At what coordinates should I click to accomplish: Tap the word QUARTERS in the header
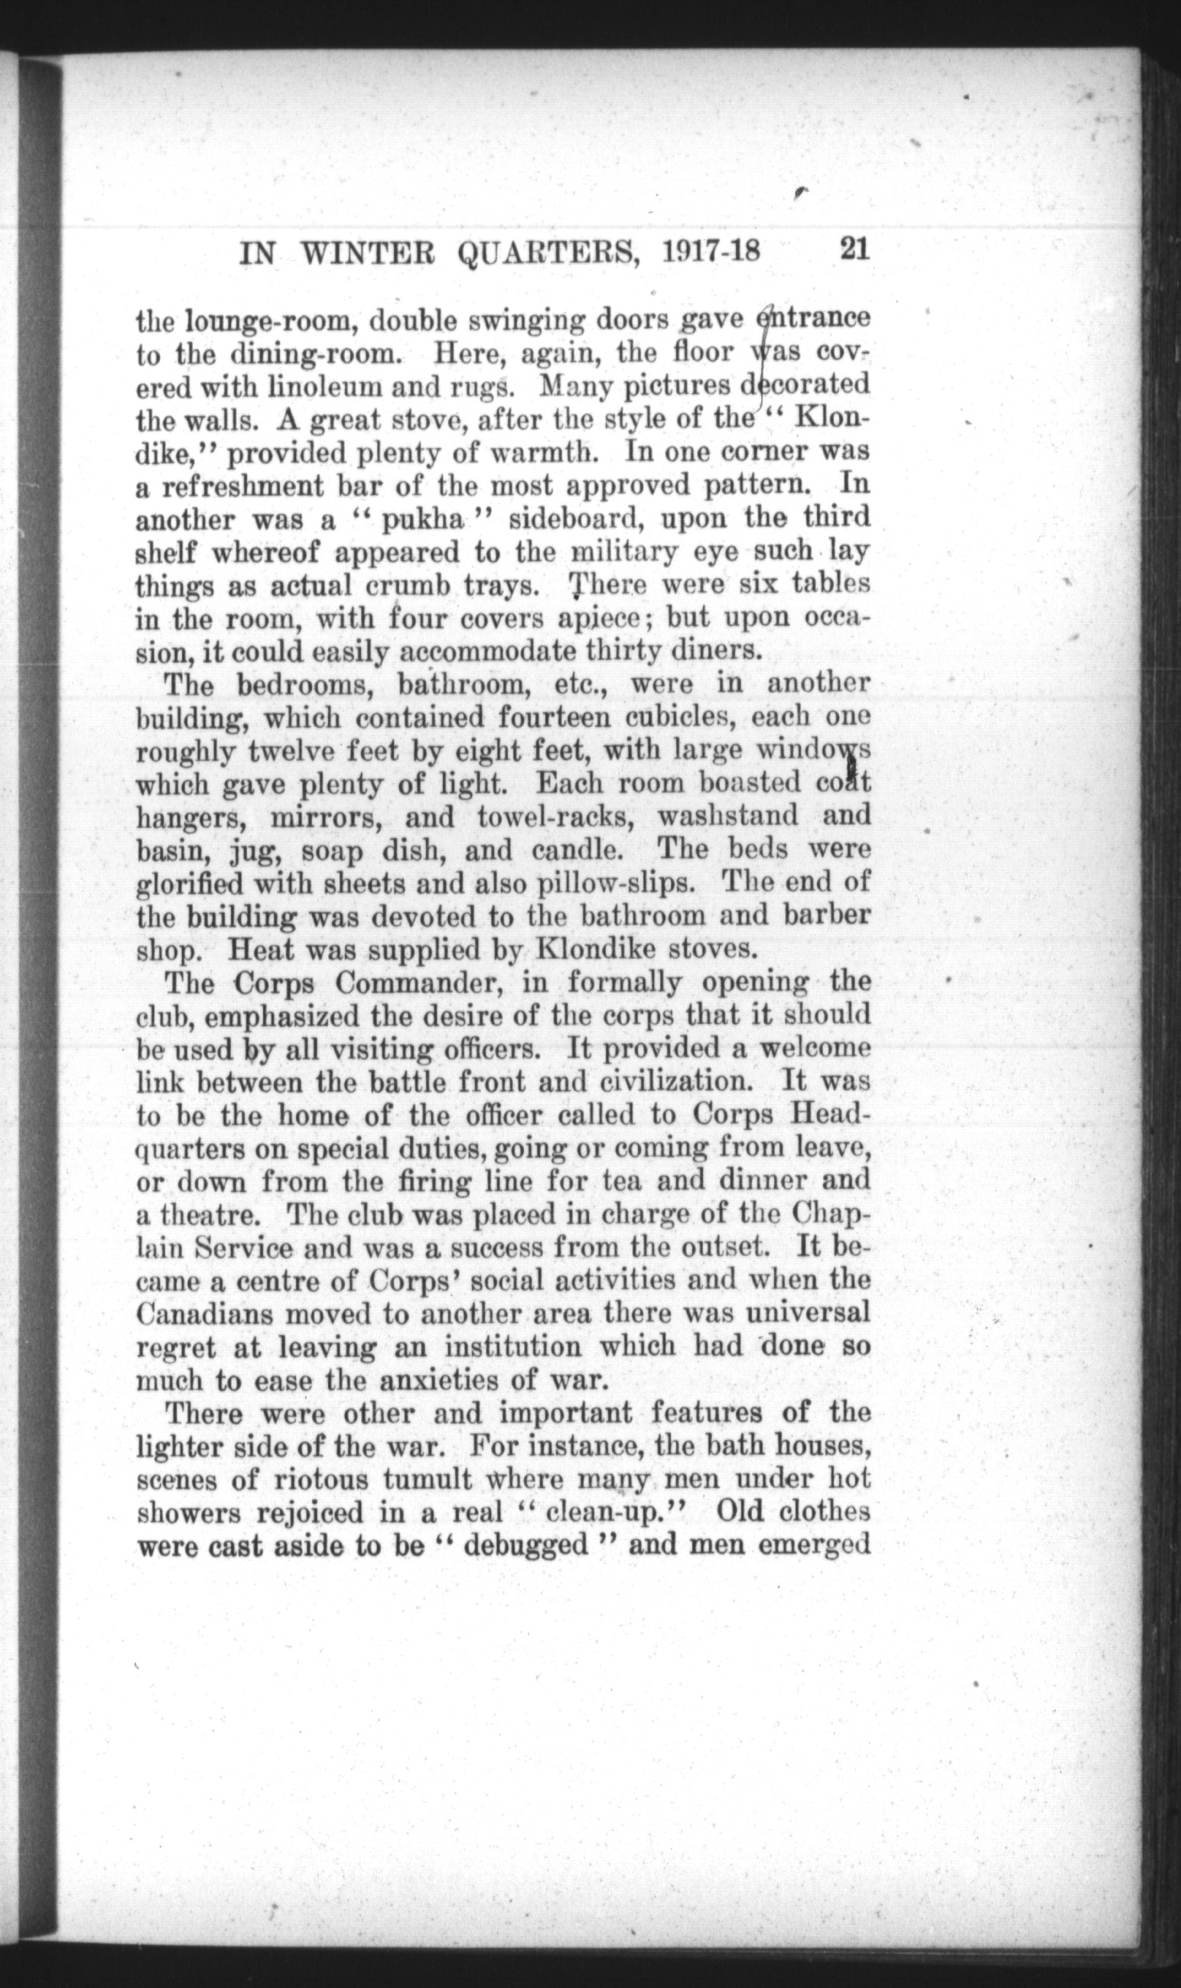click(545, 253)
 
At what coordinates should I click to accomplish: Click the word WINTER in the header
click(366, 253)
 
